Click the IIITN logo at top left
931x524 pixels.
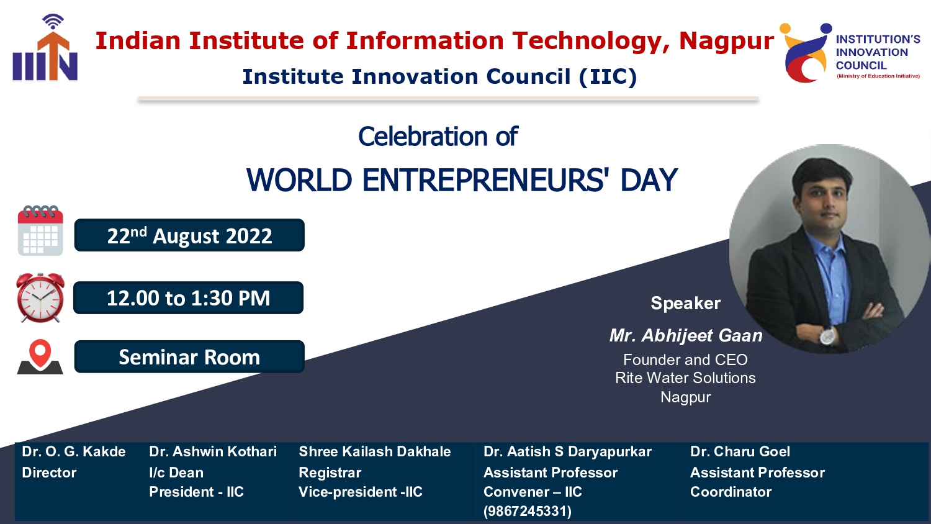point(45,47)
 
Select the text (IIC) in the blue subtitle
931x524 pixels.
point(608,77)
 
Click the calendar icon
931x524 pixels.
point(40,230)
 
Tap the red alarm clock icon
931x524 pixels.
point(40,297)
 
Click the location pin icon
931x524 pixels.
point(40,357)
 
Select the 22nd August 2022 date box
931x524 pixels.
point(189,235)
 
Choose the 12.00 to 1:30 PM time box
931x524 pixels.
point(188,298)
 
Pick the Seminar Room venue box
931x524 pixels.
point(189,357)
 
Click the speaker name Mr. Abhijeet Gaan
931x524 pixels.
point(686,336)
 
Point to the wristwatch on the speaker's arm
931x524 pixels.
point(827,336)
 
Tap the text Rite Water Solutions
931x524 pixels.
point(685,378)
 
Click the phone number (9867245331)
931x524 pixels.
point(528,511)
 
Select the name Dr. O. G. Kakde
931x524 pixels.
point(74,451)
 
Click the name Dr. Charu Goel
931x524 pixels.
point(740,451)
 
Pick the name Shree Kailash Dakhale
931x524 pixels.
point(374,451)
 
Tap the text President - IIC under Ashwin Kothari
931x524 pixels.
point(196,492)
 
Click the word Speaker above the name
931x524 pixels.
point(686,303)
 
